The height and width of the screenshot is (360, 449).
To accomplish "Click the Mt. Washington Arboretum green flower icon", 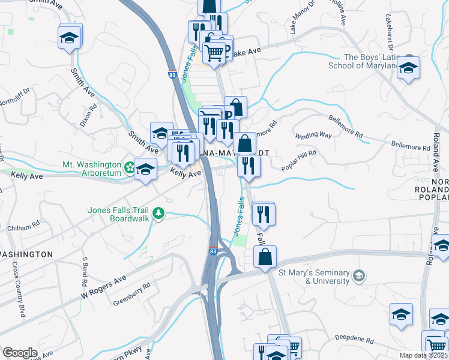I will pos(129,166).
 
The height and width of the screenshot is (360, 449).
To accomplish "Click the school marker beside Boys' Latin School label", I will pos(409,68).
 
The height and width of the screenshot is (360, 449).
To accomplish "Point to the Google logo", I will pos(20,353).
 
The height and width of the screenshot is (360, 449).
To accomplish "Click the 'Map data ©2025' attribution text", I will pos(423,355).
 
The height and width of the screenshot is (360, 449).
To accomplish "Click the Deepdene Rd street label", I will pos(354,340).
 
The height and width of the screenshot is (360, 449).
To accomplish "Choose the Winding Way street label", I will pos(313,136).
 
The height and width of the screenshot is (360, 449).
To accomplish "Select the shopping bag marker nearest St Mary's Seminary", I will pos(265,257).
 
